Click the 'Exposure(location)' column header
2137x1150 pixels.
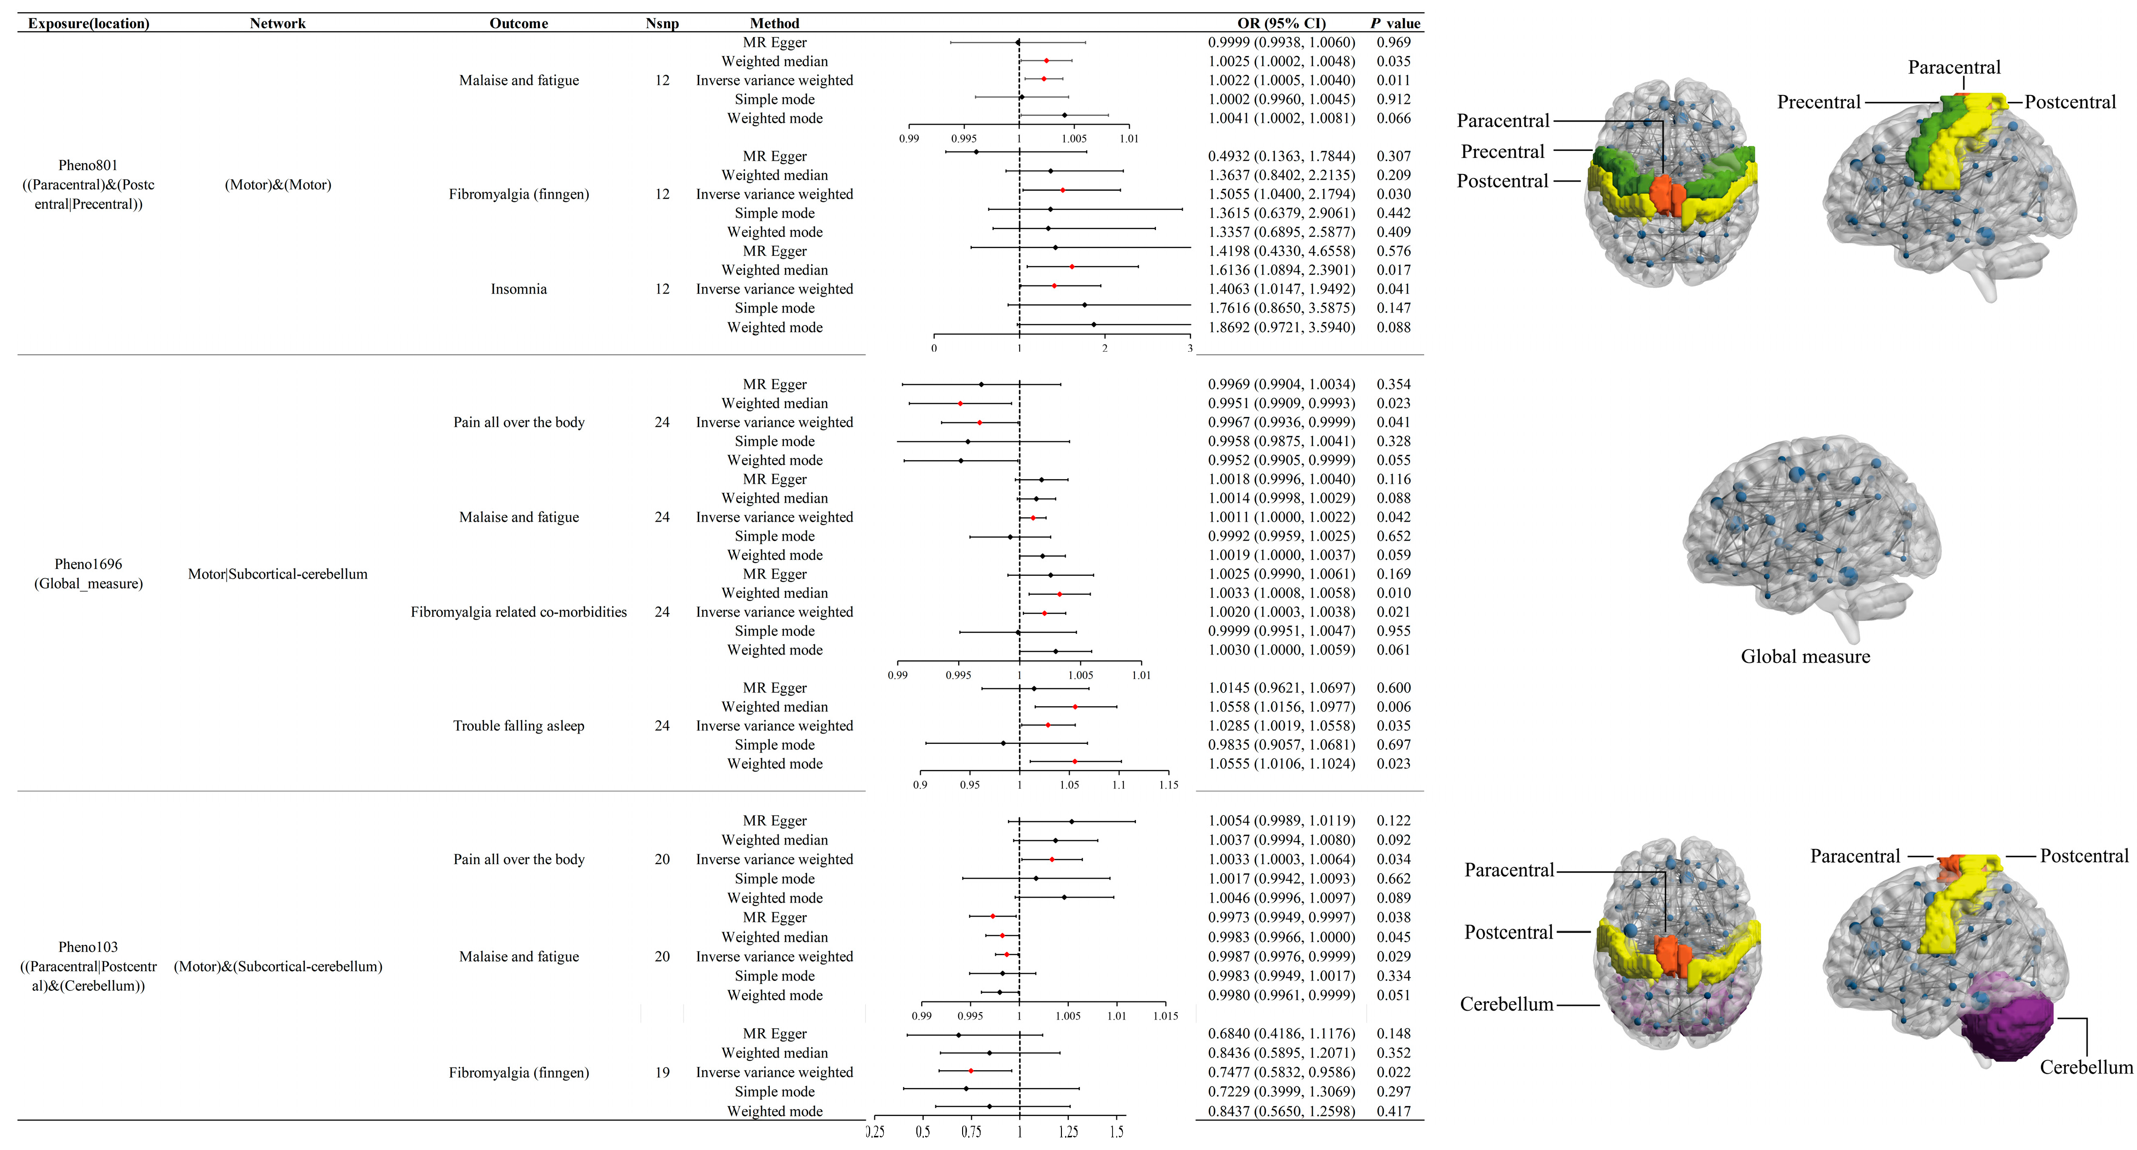click(x=89, y=23)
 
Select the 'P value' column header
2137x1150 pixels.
click(x=1395, y=23)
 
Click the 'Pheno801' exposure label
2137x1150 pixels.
click(x=88, y=165)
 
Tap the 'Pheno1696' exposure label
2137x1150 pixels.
click(x=88, y=564)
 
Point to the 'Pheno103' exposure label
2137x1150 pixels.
click(x=88, y=947)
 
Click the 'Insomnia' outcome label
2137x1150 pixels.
click(x=519, y=289)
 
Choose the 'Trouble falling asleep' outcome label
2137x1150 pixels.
click(x=519, y=726)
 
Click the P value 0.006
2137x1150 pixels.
click(x=1394, y=707)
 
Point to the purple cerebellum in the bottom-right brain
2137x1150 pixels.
click(x=2007, y=1029)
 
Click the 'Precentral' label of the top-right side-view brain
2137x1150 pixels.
click(x=1819, y=102)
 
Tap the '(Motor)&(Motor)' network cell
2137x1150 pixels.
click(x=278, y=185)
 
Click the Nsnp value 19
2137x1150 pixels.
click(x=662, y=1073)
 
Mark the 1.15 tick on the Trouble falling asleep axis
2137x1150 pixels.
click(x=1168, y=784)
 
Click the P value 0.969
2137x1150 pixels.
click(x=1394, y=42)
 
